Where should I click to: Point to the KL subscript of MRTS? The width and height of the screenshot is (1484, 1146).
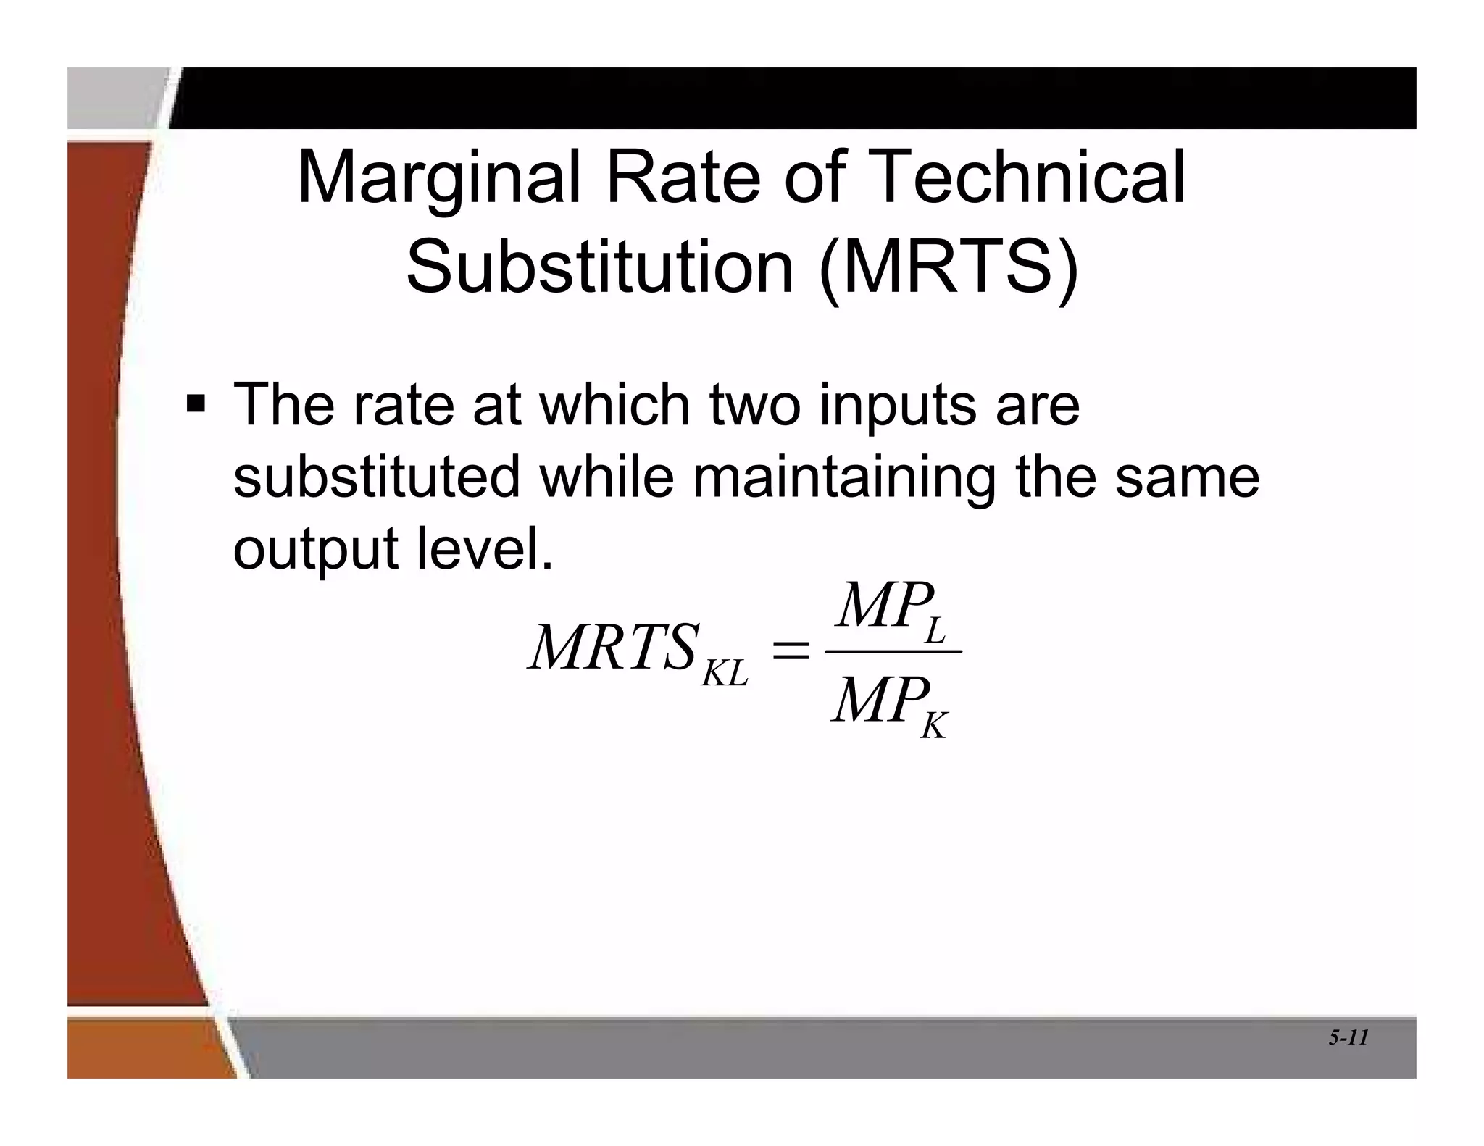725,674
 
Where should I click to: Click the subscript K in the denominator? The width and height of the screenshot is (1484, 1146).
933,724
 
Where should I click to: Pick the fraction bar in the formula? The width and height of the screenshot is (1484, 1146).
893,651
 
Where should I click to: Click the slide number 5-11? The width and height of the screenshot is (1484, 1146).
1348,1038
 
